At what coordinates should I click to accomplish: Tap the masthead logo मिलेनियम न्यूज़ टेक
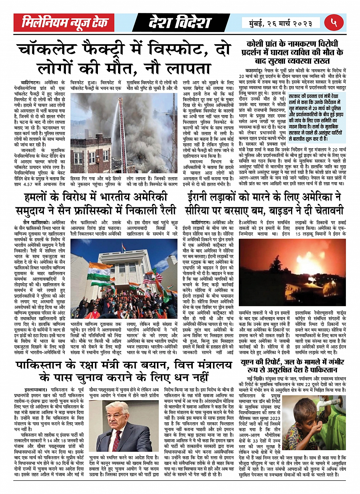tap(64, 23)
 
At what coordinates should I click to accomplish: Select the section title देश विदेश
tap(179, 23)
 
